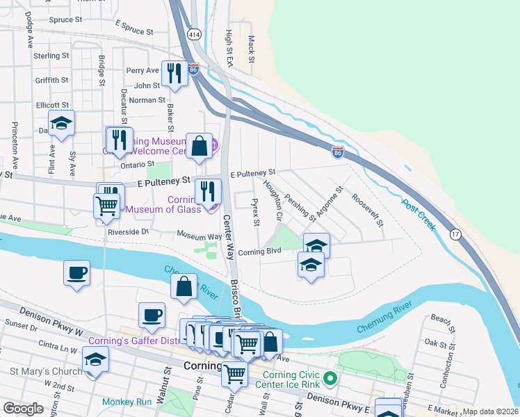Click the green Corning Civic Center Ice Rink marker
(x=330, y=379)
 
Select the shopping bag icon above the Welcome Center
(x=199, y=145)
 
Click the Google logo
(x=23, y=409)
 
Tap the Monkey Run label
(x=126, y=402)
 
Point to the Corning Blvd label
(x=259, y=252)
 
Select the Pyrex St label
(x=256, y=214)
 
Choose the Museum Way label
(x=199, y=236)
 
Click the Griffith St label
(x=51, y=80)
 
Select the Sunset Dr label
(x=20, y=325)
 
